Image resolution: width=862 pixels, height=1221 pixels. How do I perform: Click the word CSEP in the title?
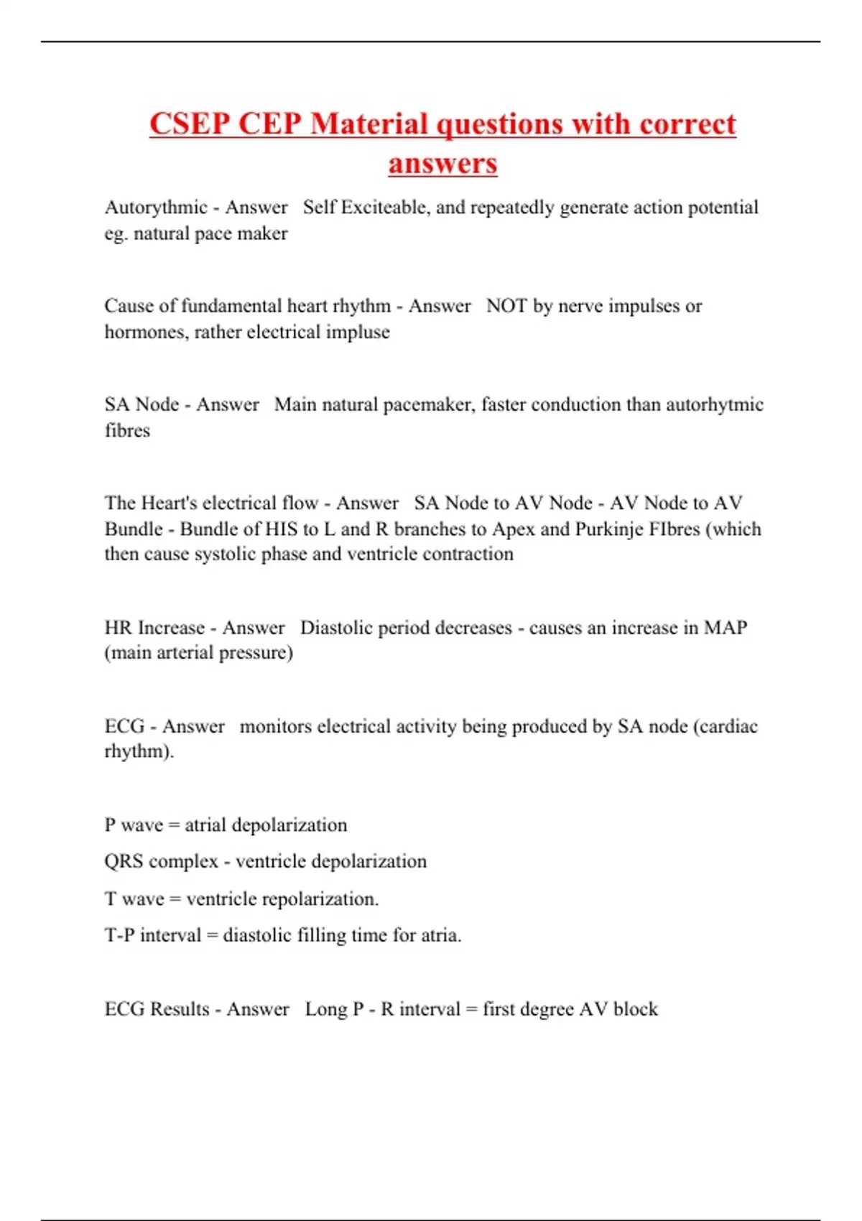tap(190, 124)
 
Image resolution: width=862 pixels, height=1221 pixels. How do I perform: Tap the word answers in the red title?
tap(442, 163)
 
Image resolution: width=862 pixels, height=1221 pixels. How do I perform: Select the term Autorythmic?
tap(156, 208)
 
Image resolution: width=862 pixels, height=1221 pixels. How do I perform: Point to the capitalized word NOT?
tap(506, 306)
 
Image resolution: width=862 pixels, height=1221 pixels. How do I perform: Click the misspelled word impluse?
tap(358, 332)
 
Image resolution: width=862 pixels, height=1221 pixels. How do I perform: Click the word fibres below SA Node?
tap(127, 430)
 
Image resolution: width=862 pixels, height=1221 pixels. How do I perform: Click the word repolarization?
tap(319, 899)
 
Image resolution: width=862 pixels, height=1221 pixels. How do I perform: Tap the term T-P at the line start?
tap(119, 935)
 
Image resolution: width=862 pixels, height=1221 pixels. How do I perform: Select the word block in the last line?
tap(635, 1009)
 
